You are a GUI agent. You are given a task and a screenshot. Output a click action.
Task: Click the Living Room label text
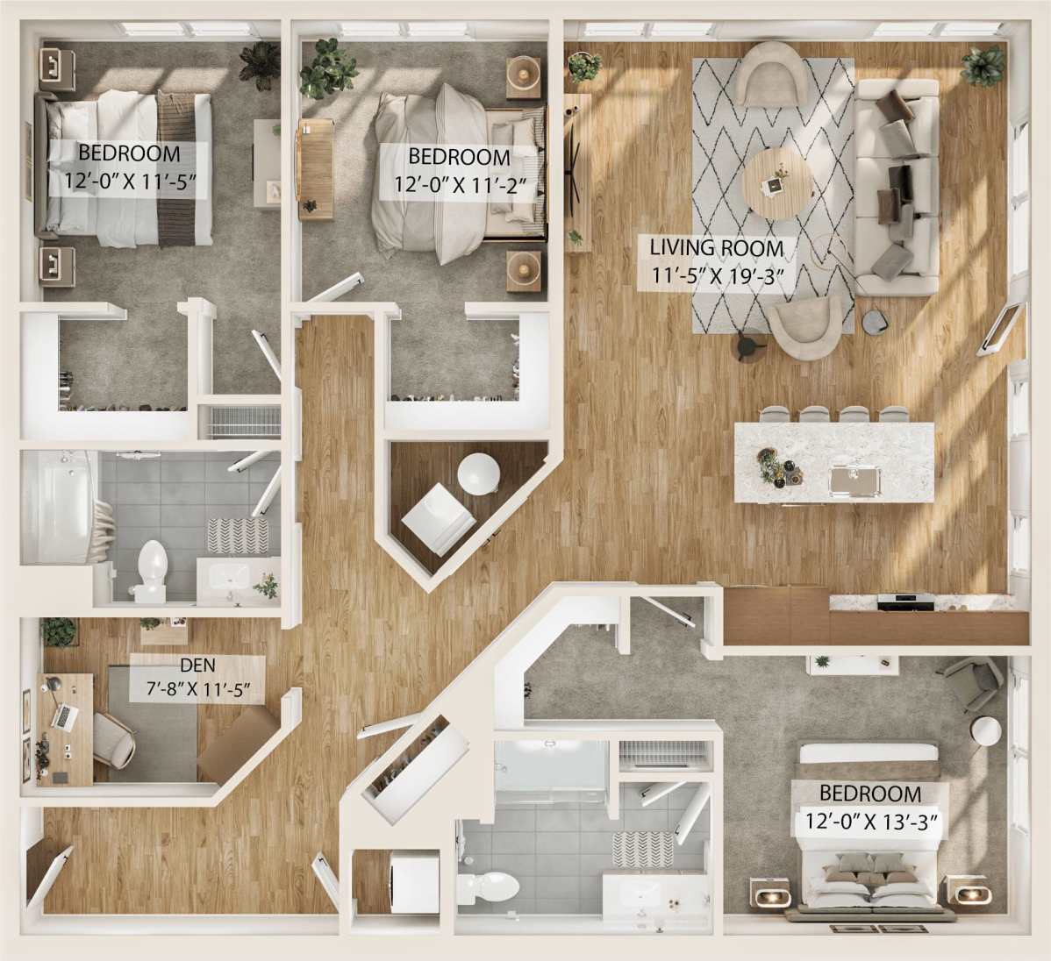[716, 247]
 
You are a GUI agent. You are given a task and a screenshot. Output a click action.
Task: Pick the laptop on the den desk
[63, 715]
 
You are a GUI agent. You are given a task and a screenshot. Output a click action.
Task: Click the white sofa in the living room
[897, 186]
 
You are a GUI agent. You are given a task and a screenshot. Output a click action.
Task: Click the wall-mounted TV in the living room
[1005, 326]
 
